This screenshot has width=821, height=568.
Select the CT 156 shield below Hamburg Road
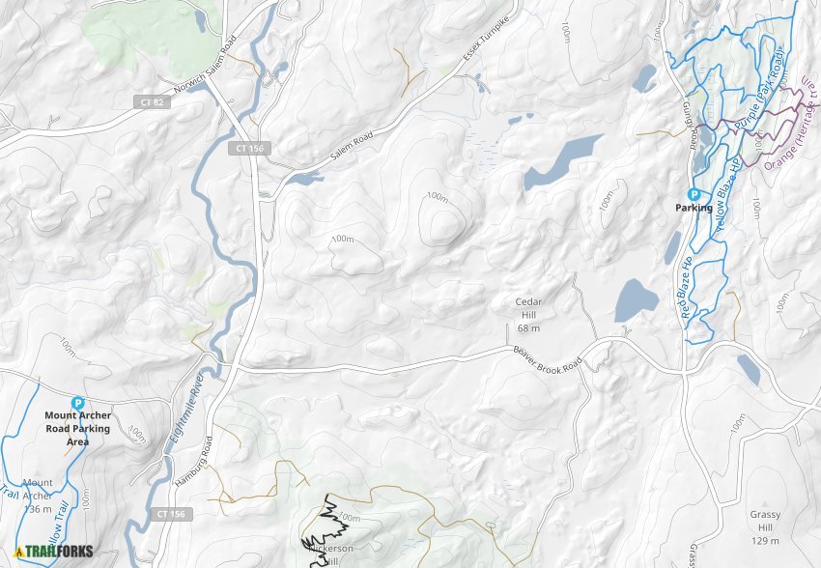(170, 514)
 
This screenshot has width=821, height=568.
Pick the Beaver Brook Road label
(548, 357)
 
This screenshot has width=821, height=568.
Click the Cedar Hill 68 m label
(528, 316)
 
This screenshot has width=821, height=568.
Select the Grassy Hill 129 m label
(765, 522)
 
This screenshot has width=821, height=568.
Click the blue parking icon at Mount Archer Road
(77, 404)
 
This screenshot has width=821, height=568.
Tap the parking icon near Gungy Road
(694, 194)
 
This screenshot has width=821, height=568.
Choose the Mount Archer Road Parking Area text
(77, 429)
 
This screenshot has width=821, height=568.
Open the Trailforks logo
(53, 552)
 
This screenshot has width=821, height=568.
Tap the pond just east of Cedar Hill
(636, 300)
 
